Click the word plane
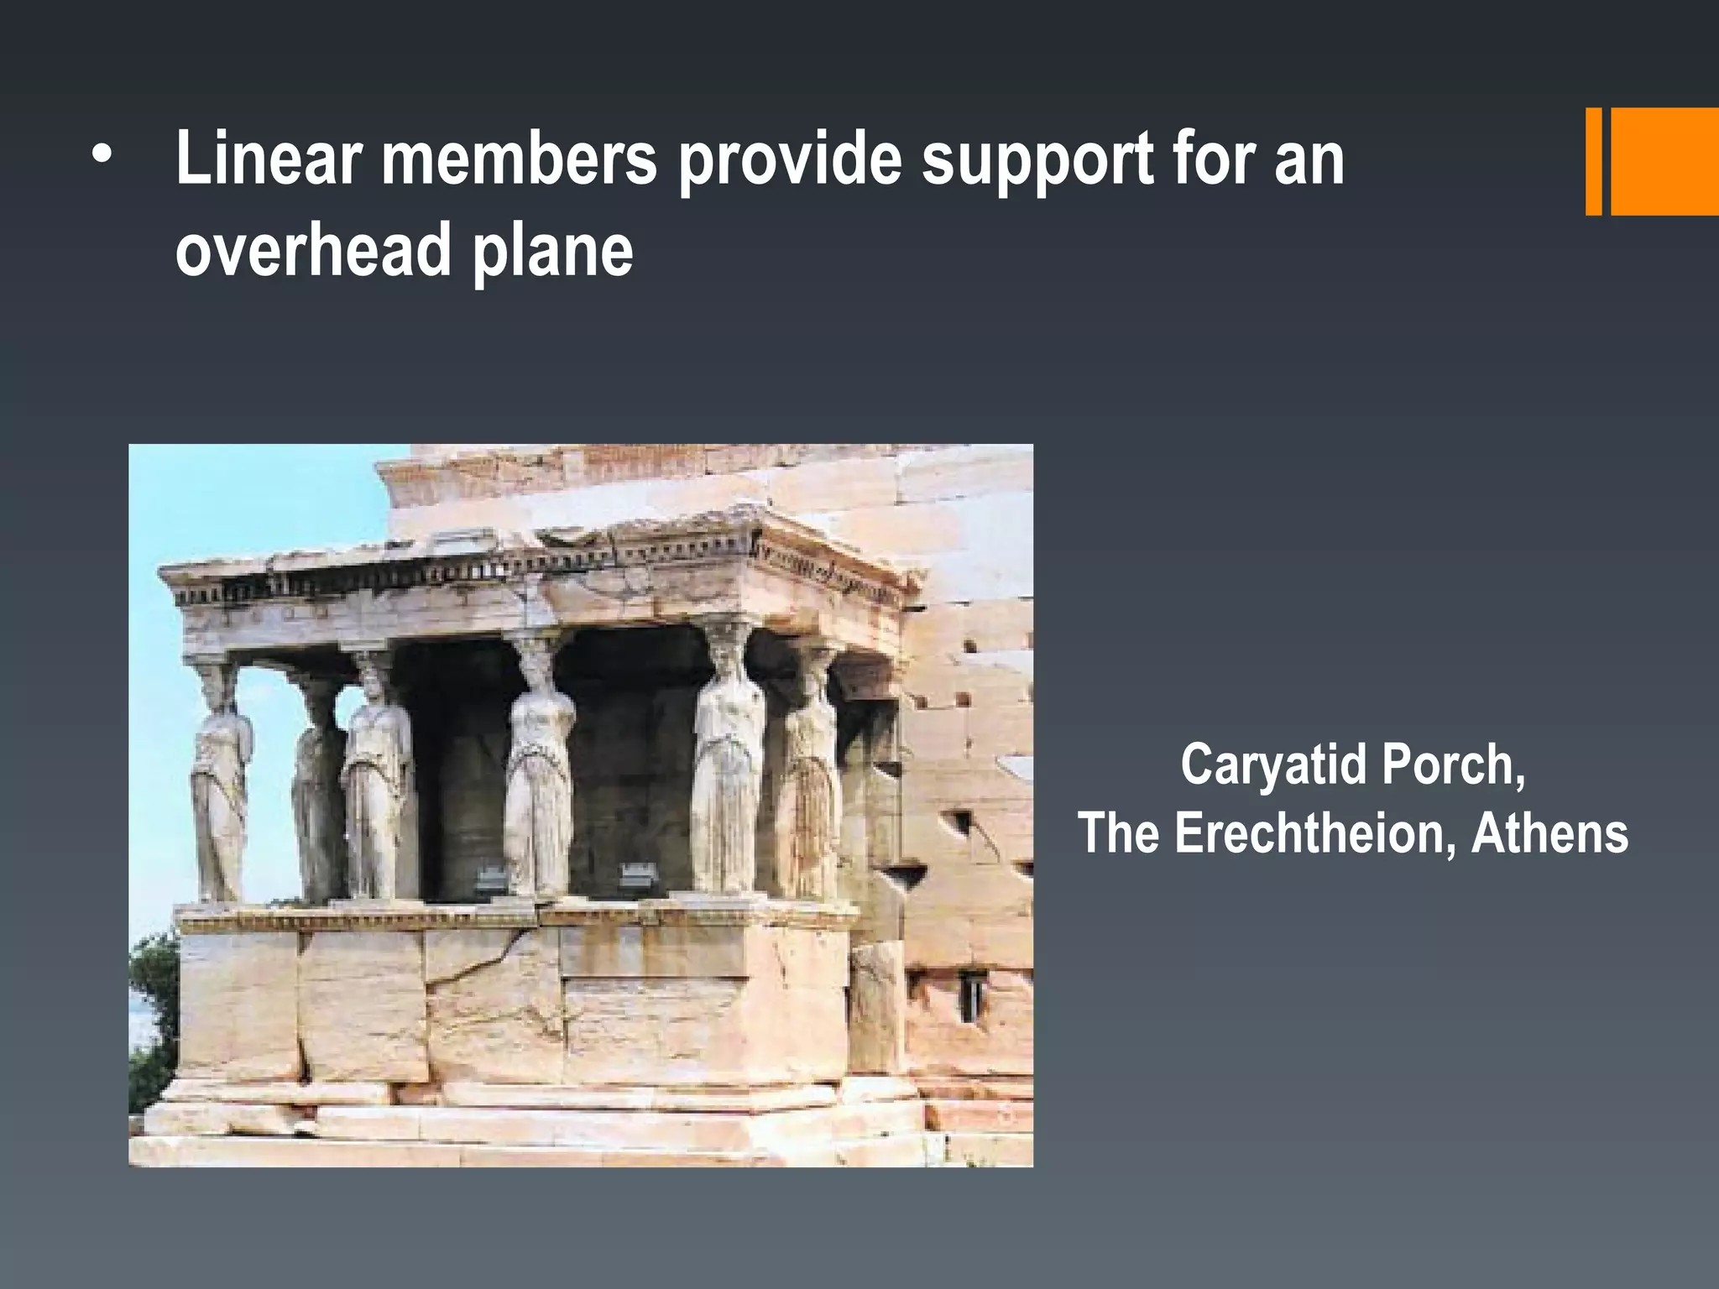click(551, 252)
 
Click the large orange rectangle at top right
click(1664, 161)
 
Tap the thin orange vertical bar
click(1593, 161)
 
